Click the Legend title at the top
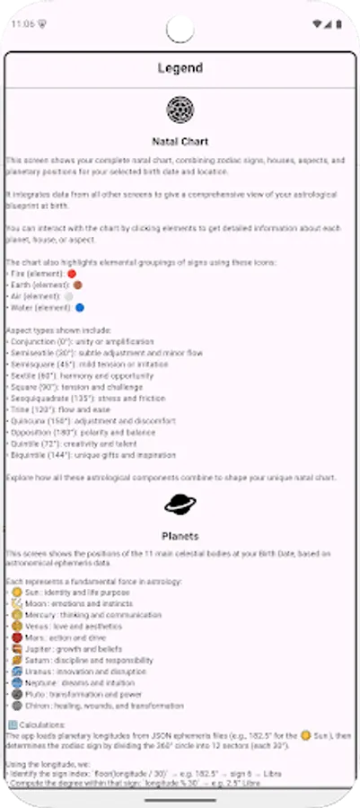(180, 67)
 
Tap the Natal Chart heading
(180, 141)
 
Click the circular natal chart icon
(180, 110)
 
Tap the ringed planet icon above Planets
(180, 505)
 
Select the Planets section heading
(180, 536)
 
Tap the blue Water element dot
(80, 307)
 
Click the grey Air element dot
(69, 295)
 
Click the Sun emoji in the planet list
(15, 593)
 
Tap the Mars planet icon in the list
(15, 637)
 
